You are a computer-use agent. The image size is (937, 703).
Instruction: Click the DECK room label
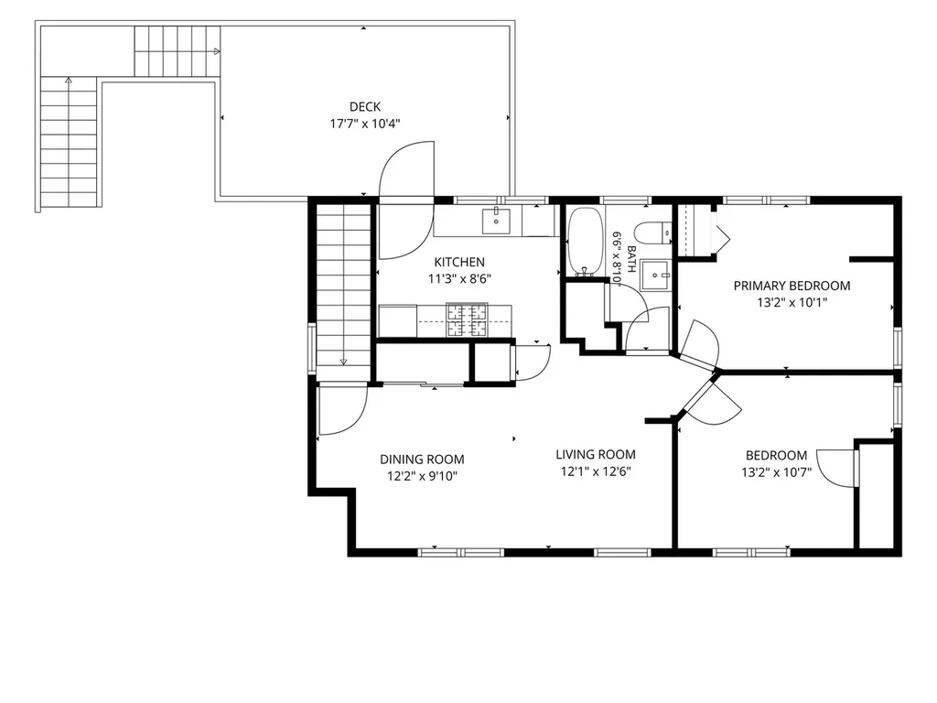click(x=364, y=107)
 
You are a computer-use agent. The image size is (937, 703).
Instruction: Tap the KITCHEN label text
click(x=459, y=262)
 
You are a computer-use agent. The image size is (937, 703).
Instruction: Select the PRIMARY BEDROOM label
click(x=792, y=286)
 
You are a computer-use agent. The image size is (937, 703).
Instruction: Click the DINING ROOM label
click(x=422, y=460)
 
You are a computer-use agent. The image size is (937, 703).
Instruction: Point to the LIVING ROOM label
click(x=595, y=454)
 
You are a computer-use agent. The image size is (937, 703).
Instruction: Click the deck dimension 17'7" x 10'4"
click(x=364, y=124)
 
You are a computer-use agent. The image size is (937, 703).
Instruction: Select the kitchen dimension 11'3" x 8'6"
click(x=459, y=278)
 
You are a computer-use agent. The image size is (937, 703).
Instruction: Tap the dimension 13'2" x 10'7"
click(x=776, y=472)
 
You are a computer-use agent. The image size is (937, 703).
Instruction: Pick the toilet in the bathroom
click(x=653, y=233)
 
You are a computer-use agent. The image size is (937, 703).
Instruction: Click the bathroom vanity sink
click(x=655, y=276)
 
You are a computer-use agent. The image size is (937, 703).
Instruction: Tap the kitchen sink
click(x=496, y=221)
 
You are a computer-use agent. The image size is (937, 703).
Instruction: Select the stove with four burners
click(x=466, y=319)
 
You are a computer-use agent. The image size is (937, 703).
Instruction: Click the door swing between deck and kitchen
click(x=406, y=200)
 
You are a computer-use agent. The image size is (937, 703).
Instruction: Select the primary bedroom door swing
click(x=699, y=345)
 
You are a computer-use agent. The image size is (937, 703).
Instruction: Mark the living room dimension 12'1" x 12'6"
click(x=595, y=471)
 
